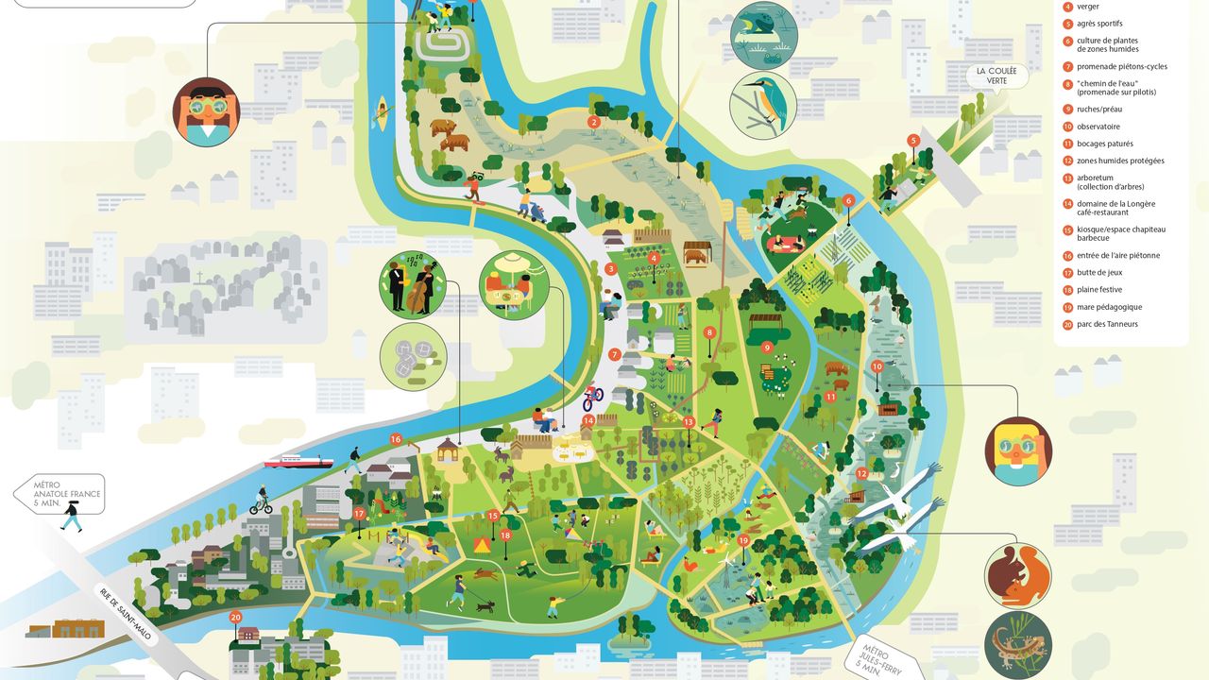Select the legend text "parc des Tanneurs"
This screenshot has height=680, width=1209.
point(1107,324)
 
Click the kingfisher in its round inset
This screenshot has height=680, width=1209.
point(762,104)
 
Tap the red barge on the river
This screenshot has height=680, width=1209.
point(298,462)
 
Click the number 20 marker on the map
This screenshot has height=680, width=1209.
point(235,617)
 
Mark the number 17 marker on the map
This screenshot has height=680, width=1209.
point(359,514)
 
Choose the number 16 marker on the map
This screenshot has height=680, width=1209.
point(395,439)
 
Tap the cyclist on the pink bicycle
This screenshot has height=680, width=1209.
point(592,397)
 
